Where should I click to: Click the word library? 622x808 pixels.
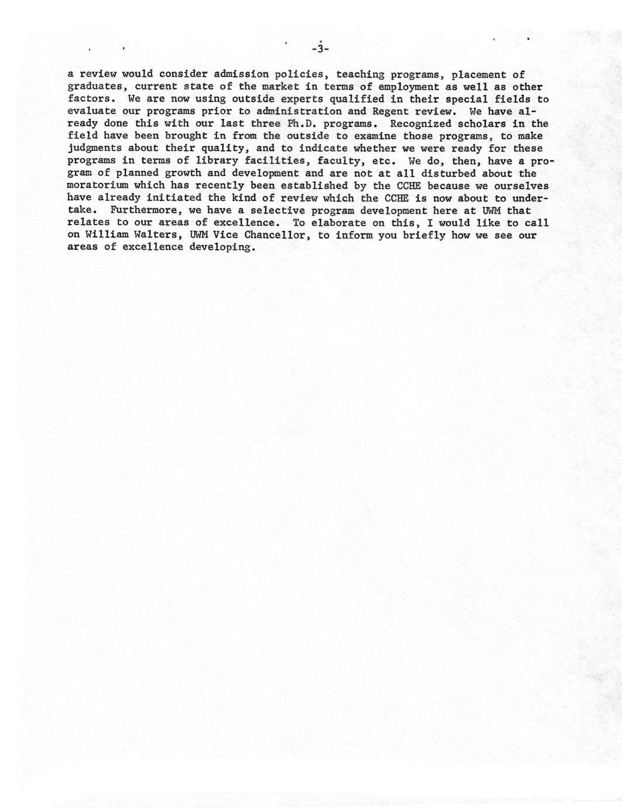tap(199, 161)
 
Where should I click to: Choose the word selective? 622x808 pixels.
tap(275, 211)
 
